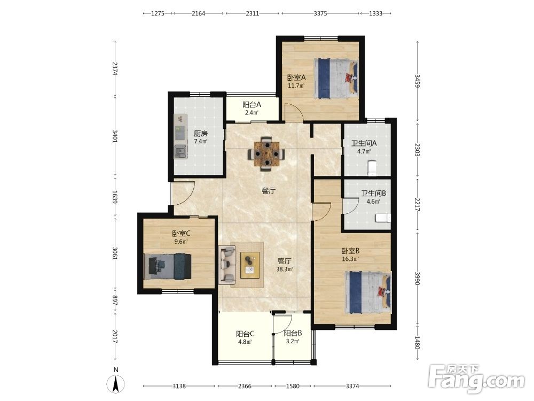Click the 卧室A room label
click(296, 78)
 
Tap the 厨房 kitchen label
click(201, 134)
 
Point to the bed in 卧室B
click(368, 292)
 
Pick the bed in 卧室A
click(336, 78)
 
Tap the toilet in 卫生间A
click(372, 168)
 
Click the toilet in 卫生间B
click(383, 218)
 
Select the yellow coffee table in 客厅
click(250, 265)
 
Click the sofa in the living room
click(227, 264)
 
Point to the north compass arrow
click(116, 383)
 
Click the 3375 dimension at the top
click(320, 14)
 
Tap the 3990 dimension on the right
click(417, 278)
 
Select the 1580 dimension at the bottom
click(293, 386)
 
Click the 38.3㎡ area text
click(285, 269)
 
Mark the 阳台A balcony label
click(252, 105)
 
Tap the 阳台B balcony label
click(293, 333)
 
